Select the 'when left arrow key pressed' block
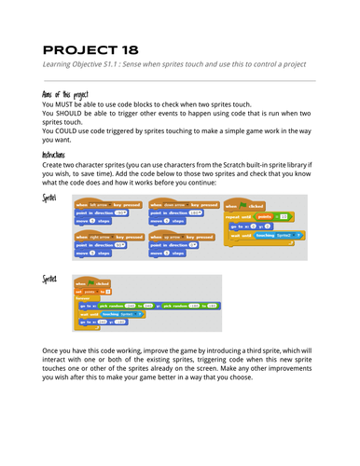tap(104, 203)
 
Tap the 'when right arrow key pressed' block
tap(106, 235)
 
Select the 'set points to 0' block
tap(94, 292)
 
